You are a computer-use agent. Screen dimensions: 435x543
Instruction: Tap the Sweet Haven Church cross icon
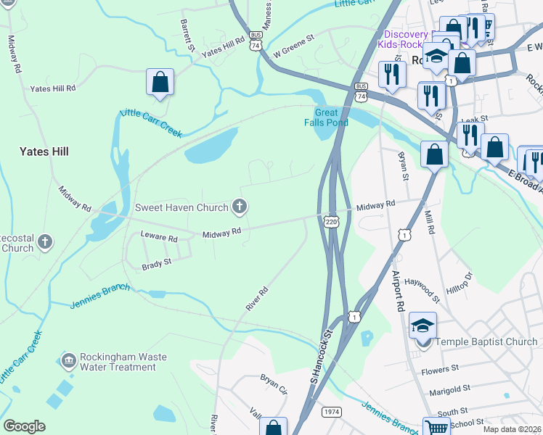[x=239, y=207]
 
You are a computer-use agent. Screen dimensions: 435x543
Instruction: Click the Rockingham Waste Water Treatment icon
[x=68, y=360]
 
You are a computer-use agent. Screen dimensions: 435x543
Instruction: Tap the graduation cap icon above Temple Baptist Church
[x=422, y=325]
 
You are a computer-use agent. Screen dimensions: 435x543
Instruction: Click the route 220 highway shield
[x=331, y=222]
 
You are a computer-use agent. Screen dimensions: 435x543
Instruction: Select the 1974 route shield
[x=330, y=412]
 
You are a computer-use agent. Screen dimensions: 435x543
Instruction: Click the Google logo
[x=24, y=426]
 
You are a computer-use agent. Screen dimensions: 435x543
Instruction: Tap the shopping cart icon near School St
[x=436, y=428]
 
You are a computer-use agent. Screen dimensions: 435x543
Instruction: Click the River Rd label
[x=257, y=299]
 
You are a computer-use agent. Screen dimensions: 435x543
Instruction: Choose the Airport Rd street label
[x=399, y=290]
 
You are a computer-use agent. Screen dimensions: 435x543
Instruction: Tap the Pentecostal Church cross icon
[x=45, y=241]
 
